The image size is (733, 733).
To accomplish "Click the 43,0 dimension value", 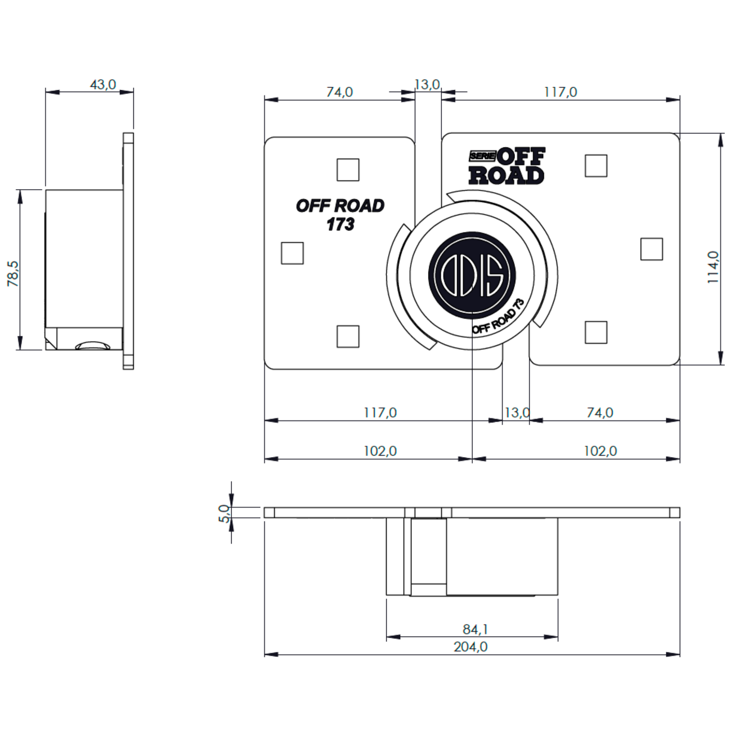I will pos(103,84).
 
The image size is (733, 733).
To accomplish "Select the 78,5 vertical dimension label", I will pos(13,273).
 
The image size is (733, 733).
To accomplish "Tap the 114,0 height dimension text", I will pos(713,267).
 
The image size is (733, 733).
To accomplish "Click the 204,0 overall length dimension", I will pos(470,647).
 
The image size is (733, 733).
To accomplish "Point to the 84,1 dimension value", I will pos(475,630).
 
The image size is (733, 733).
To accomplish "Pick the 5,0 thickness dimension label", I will pos(224,513).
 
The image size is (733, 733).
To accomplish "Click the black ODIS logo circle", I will pos(472,275).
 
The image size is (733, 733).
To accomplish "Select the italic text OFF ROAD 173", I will pos(340,215).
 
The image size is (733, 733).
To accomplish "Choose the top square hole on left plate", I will pos(348,169).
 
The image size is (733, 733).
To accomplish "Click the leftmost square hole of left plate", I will pos(292,253).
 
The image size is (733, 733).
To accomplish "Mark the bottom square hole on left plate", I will pos(348,336).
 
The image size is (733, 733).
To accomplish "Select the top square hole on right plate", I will pos(596,166).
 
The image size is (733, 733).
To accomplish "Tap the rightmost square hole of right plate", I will pos(651,249).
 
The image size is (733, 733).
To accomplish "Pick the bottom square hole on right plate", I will pos(596,332).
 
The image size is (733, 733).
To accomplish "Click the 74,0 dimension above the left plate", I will pos(339,92).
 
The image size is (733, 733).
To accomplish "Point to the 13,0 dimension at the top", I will pos(427,84).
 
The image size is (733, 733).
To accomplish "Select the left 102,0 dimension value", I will pos(380,451).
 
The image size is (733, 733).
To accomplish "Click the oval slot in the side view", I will pos(92,346).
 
